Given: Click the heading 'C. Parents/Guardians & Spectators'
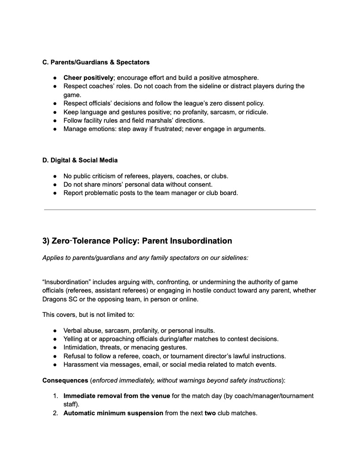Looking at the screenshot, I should [x=96, y=62].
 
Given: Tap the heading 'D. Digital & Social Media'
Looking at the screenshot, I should [x=80, y=160].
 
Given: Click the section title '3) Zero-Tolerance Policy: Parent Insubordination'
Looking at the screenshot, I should [x=137, y=241].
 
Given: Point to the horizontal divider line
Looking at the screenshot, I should [x=180, y=210].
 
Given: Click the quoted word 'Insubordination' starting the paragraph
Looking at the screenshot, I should [x=67, y=282].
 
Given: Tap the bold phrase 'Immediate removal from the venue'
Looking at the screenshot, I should [x=116, y=396].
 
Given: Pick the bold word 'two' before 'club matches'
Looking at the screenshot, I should [x=210, y=413].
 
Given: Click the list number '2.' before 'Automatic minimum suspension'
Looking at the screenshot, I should [x=56, y=413].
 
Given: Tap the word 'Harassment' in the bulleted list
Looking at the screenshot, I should [x=81, y=365].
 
